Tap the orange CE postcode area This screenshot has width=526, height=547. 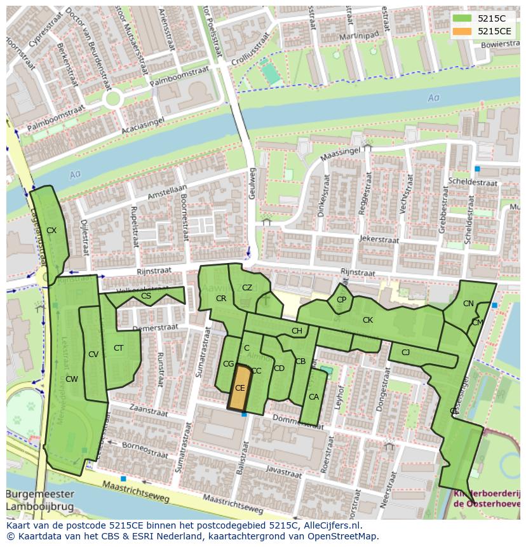tap(239, 388)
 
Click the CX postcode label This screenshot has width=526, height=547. tap(51, 231)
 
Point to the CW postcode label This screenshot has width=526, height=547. tap(72, 379)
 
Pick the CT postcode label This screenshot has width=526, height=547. tap(118, 348)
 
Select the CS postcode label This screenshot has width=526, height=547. tap(146, 295)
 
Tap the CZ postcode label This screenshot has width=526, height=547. tap(247, 288)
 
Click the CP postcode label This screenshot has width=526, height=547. tap(342, 300)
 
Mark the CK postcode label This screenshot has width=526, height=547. tap(367, 320)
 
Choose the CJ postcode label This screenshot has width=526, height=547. tap(405, 352)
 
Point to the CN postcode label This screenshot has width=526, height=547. tap(468, 304)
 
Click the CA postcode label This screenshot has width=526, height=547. tap(313, 397)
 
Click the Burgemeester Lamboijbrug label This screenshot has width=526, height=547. tap(41, 501)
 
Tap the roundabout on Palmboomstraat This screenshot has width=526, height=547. tap(114, 98)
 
